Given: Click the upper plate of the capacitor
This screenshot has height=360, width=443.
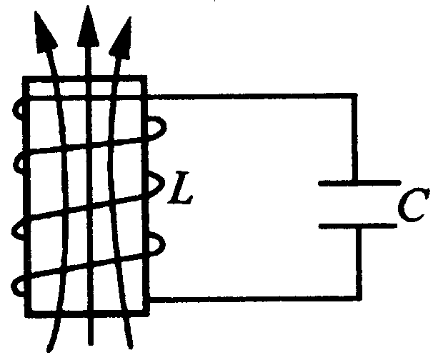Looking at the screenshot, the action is [358, 183].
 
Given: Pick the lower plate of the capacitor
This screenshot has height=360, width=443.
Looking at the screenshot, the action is [358, 226].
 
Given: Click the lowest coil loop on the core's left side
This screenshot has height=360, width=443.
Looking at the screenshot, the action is [19, 287].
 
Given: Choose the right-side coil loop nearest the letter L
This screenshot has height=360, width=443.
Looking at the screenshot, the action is [159, 187].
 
